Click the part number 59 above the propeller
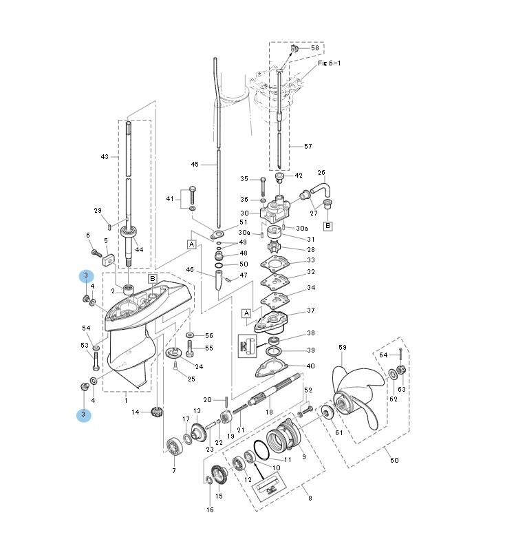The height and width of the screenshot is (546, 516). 343,347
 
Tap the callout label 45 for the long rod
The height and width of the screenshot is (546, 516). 195,164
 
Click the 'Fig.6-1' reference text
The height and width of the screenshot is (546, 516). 329,63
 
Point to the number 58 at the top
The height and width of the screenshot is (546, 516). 315,48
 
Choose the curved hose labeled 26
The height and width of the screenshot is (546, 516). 321,190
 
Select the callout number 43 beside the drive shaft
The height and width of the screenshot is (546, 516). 105,157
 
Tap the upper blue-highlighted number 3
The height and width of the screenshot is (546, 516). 86,276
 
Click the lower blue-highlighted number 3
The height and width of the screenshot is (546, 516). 83,414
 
